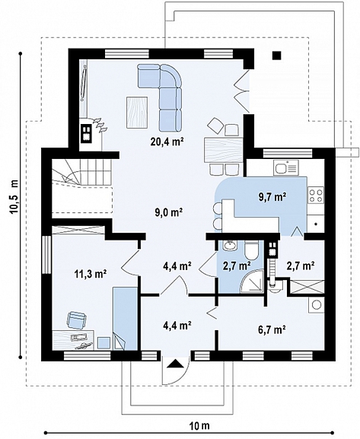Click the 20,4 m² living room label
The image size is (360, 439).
167,142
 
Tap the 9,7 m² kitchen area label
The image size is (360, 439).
272,197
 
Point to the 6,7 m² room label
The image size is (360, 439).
272,329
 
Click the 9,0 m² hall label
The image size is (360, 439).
169,212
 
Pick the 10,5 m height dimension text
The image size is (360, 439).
14,197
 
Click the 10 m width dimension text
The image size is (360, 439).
199,426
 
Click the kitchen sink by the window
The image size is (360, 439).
285,168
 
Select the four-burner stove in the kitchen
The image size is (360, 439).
316,195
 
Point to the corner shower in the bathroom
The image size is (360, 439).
253,282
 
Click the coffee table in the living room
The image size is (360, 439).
137,112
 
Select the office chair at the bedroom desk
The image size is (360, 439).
76,320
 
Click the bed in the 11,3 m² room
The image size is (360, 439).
126,318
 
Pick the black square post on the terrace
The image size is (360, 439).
277,56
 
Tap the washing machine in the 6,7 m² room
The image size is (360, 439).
317,305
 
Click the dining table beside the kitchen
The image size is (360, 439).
223,150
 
